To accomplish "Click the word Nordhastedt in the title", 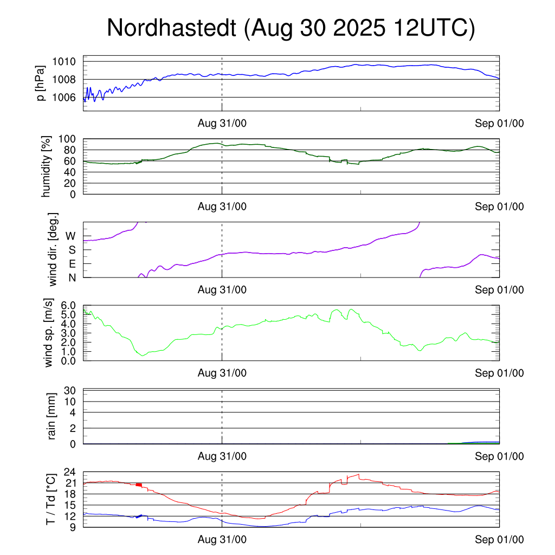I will (x=172, y=28).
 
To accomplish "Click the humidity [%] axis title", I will (x=47, y=166).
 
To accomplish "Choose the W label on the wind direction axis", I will (x=70, y=236).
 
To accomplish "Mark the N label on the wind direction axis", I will (x=71, y=277).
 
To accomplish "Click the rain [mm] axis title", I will (x=53, y=416).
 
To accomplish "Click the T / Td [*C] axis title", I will (x=50, y=499).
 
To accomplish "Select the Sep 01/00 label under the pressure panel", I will (x=499, y=124).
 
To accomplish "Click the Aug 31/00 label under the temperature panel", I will (x=222, y=539).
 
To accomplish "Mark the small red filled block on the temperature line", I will (x=139, y=485).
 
